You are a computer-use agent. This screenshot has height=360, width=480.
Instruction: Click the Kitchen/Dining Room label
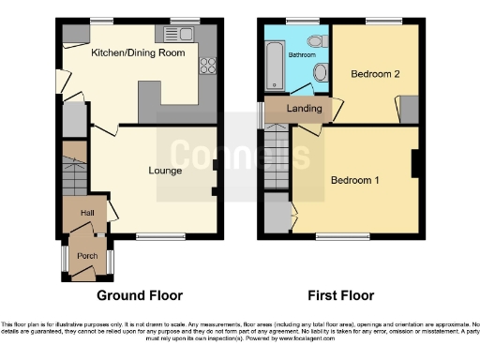(137, 53)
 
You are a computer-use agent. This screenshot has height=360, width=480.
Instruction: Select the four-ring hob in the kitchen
(206, 67)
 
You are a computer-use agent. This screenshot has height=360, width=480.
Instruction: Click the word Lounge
(165, 171)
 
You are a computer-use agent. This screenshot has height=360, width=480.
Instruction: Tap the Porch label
(87, 256)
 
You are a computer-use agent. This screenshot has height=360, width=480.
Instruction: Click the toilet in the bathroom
(321, 74)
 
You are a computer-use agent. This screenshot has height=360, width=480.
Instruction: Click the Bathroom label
(301, 55)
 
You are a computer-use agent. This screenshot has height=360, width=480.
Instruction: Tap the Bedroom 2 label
(368, 73)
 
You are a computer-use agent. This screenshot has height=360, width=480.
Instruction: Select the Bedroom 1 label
(354, 180)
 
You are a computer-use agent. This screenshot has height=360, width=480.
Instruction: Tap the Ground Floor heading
(141, 294)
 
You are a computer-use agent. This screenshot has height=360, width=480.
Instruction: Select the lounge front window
(155, 235)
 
